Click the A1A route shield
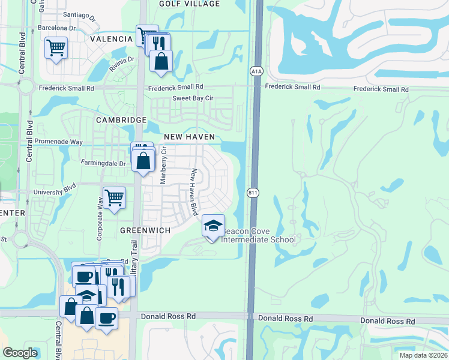256,71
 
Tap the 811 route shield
252,193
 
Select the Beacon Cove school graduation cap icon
213,226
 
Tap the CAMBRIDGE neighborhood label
121,120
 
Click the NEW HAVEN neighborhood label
188,137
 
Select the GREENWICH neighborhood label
145,230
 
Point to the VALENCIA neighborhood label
111,39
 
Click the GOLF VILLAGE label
190,4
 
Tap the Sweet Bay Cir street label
193,98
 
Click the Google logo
20,353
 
